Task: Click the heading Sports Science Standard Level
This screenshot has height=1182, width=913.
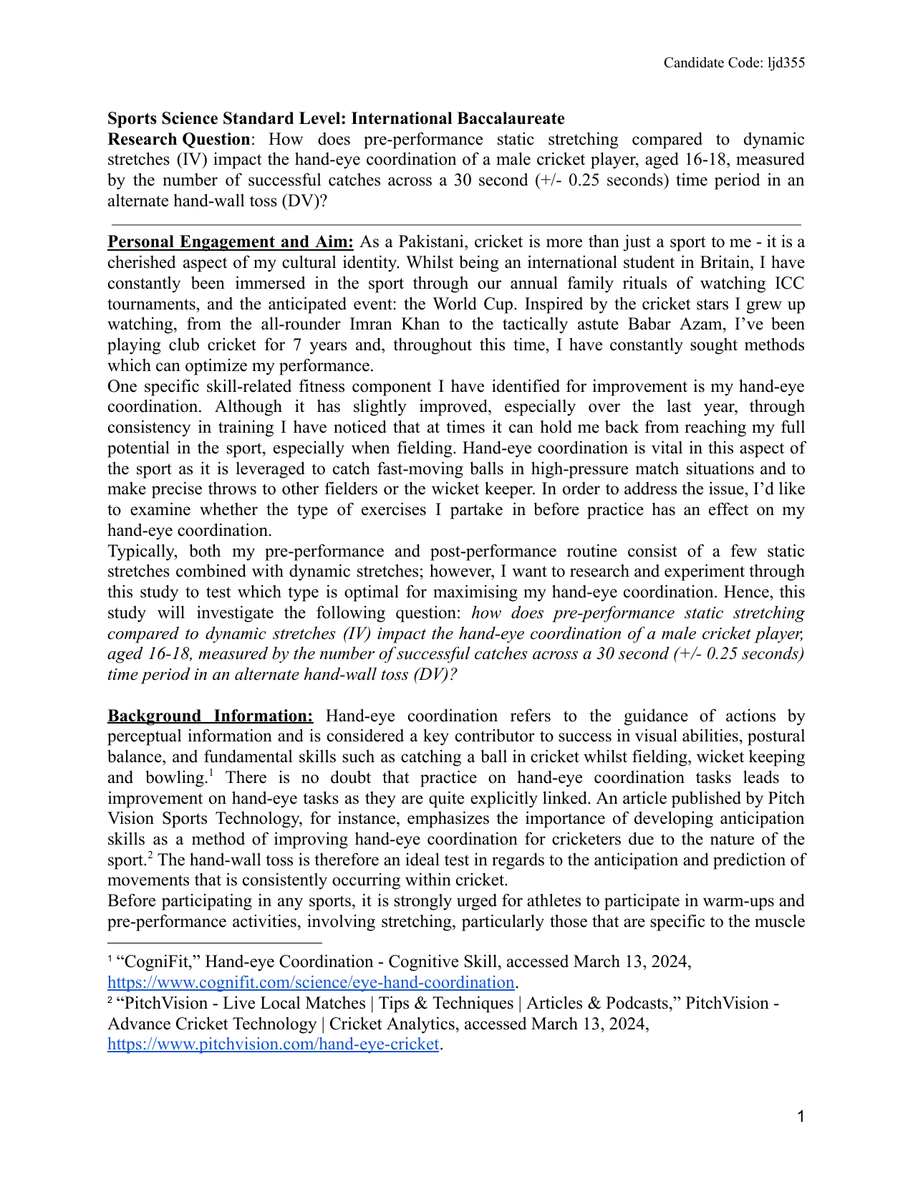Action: click(336, 118)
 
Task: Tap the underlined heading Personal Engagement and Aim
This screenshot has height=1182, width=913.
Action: click(230, 242)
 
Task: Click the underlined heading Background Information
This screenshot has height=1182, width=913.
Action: click(210, 716)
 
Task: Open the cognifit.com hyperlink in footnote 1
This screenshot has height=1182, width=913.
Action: click(311, 982)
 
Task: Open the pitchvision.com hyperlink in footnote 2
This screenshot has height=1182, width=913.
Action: click(273, 1044)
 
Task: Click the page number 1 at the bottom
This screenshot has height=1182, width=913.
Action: click(801, 1116)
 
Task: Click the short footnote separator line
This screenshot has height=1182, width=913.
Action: click(214, 943)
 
